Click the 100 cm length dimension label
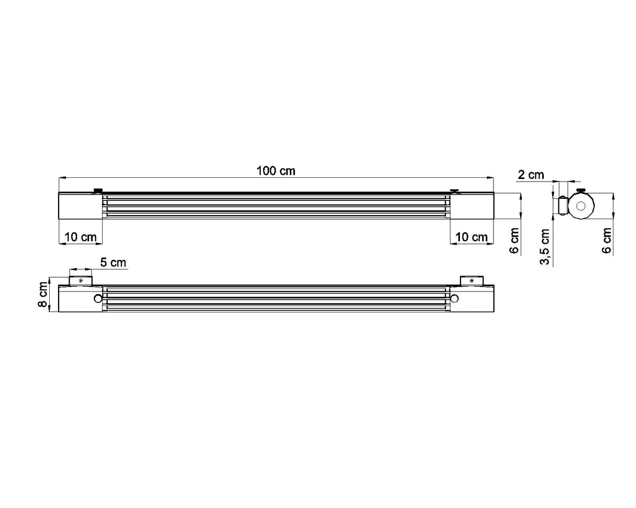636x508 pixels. click(276, 171)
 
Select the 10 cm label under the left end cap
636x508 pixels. click(80, 237)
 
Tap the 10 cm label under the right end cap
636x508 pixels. click(471, 237)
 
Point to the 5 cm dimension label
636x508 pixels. click(113, 263)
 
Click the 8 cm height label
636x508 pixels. click(43, 295)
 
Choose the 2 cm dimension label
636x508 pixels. click(531, 175)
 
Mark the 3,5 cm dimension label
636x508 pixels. click(545, 247)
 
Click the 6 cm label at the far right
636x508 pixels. click(607, 240)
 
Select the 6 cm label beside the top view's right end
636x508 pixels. click(514, 240)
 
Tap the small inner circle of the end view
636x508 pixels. click(581, 206)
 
